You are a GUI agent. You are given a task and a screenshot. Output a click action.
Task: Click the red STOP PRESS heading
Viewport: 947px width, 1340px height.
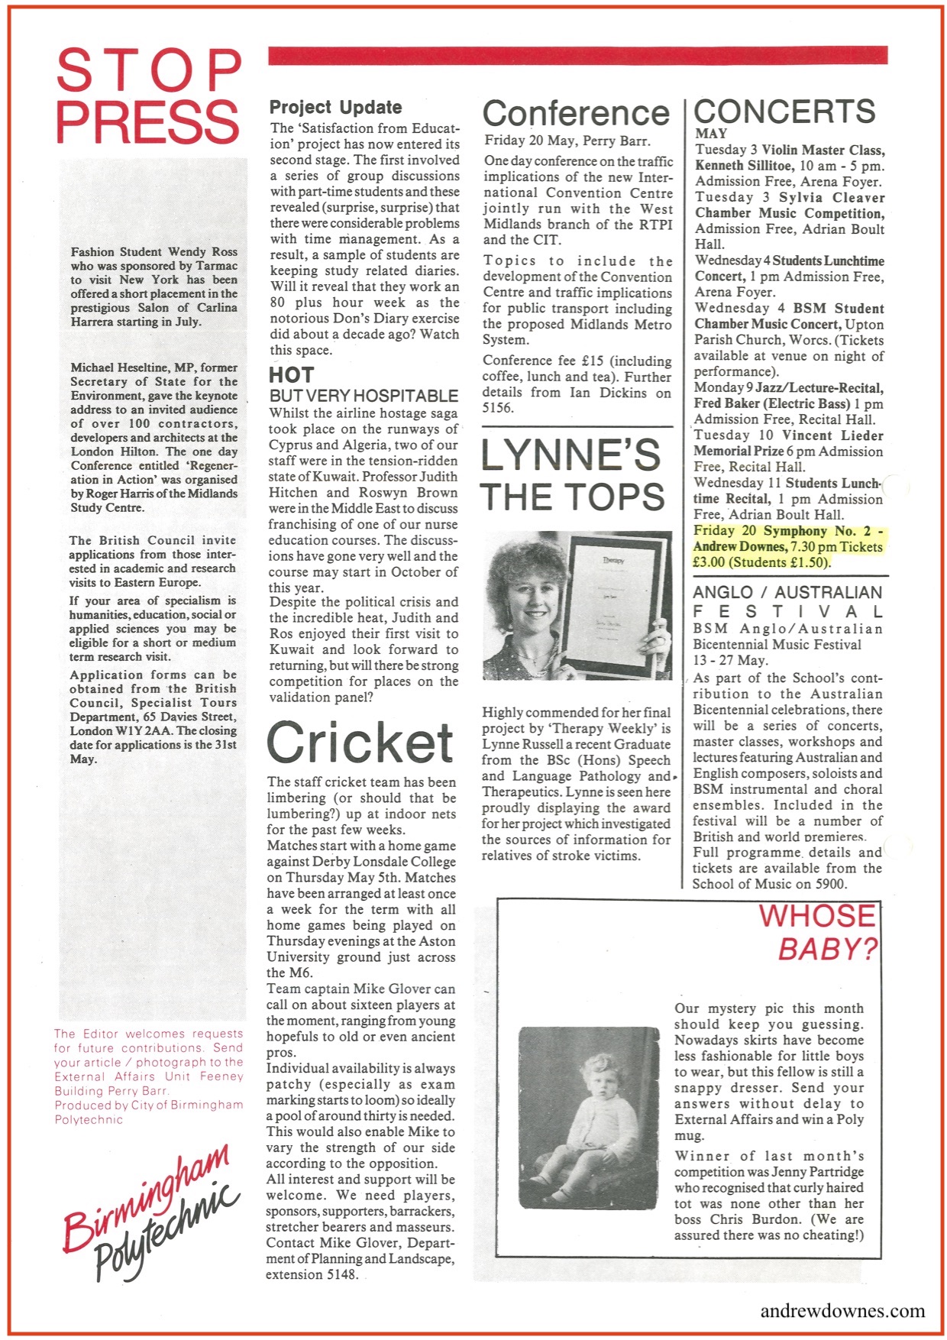point(148,96)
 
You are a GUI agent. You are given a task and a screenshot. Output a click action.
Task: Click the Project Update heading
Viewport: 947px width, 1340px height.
point(335,108)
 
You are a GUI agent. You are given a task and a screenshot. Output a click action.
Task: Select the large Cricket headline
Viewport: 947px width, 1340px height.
point(360,743)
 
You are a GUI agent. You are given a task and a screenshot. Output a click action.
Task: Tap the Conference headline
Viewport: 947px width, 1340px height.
point(576,114)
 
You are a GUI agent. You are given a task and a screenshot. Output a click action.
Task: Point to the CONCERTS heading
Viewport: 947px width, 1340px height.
point(784,112)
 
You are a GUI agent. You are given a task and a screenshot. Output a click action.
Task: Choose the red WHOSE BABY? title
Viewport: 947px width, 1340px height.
point(817,932)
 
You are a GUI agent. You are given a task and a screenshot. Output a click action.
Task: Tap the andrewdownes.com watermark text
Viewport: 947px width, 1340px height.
point(842,1310)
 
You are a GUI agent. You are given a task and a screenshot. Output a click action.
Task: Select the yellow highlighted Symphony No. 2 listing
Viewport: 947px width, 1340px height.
point(787,547)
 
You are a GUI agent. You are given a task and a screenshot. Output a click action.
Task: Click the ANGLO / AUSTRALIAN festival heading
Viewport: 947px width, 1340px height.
point(787,601)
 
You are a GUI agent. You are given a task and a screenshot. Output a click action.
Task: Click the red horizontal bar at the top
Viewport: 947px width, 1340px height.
point(577,55)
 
